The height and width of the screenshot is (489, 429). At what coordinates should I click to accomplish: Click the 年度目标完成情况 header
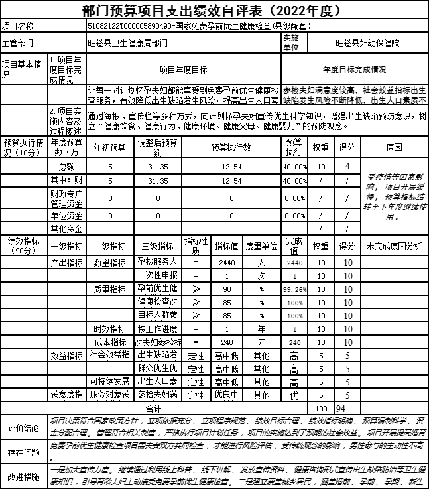pos(354,69)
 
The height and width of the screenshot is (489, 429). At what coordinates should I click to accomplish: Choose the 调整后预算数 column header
pos(158,147)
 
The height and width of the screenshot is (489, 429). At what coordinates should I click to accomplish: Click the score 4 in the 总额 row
pos(346,165)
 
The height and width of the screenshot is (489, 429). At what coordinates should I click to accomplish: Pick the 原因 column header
pos(393,147)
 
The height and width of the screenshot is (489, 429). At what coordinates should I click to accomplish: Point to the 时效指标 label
pos(110,329)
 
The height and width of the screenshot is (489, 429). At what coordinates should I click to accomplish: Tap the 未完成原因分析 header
pos(393,246)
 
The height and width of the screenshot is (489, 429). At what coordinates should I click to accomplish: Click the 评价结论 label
pos(23,428)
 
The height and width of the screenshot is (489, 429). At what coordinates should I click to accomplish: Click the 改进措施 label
pos(23,476)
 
